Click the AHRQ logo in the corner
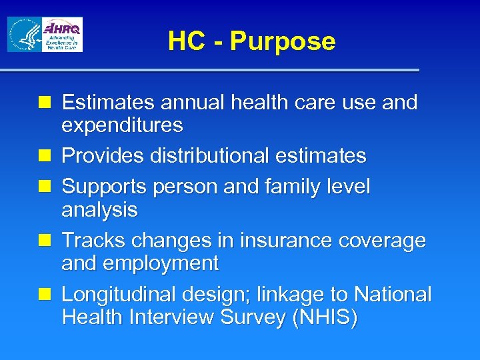tap(62, 35)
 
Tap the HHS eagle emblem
tap(24, 35)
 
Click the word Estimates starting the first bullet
tap(108, 103)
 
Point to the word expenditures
tap(122, 125)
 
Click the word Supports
tap(104, 187)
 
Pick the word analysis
tap(99, 210)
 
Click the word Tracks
tap(93, 241)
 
